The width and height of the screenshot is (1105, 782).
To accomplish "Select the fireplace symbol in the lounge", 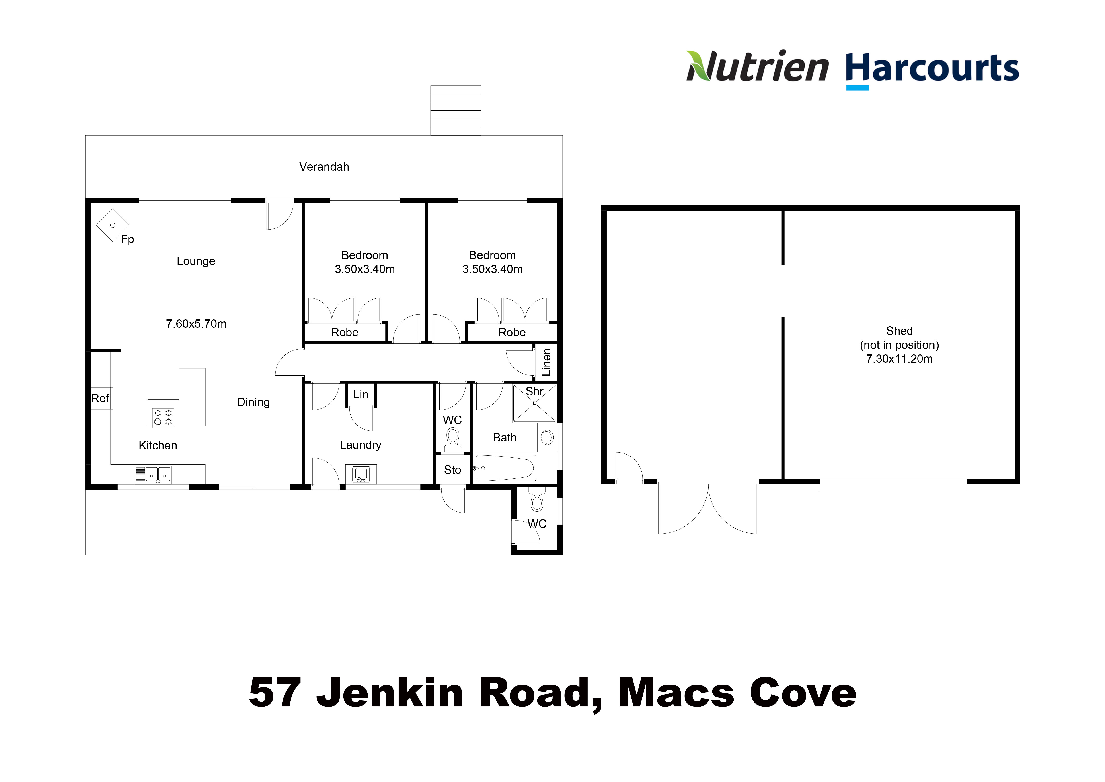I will tap(113, 225).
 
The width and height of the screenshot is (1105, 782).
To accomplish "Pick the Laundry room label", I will tap(360, 445).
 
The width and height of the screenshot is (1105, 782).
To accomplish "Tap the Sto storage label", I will tap(452, 470).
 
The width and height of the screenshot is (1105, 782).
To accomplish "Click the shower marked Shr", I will tap(535, 403).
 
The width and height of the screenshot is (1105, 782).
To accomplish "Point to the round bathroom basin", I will tap(547, 438).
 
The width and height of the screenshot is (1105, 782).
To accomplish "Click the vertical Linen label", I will tap(546, 362).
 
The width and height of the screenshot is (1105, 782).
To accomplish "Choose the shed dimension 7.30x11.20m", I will tap(899, 359).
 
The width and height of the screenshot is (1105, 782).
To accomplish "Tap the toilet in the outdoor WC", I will tap(537, 501).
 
